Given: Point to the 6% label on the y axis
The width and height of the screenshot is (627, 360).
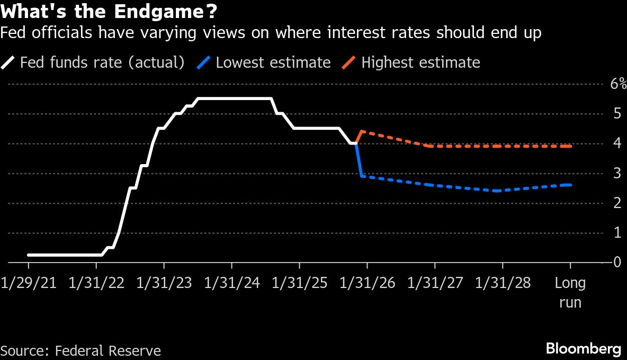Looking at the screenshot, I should coord(618,84).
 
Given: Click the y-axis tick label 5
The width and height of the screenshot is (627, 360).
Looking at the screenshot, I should coord(617,113).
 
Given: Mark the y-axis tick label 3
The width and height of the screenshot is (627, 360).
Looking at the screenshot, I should coord(617,173).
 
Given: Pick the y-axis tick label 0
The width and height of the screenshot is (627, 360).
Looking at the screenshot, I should coord(617,263).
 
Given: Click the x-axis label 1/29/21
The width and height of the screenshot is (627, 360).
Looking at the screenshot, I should coord(29,283).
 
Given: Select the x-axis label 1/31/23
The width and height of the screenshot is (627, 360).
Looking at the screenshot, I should coord(164,283).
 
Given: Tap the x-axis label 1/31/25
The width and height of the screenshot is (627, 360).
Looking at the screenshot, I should coord(299,283).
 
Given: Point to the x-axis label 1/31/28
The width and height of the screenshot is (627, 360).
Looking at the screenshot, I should coord(503,283).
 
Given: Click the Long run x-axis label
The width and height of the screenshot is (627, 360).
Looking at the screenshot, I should coord(570,292).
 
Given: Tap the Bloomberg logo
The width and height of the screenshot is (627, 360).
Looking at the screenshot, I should coord(584,349).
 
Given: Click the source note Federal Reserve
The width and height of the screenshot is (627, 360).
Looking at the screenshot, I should coord(108,350).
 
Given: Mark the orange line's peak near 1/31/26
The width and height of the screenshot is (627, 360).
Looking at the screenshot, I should coord(361,131).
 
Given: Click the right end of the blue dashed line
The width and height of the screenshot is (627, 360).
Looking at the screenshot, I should coord(570,185).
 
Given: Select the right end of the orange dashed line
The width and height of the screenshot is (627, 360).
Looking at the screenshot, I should coord(570,146).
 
